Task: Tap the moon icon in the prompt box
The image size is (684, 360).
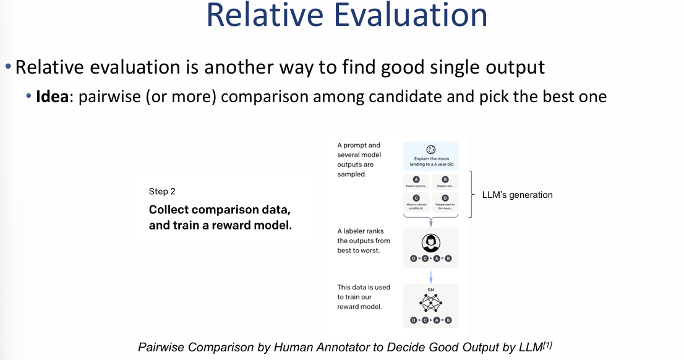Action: point(430,149)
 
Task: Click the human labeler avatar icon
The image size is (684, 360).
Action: point(430,242)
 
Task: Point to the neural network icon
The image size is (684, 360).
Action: point(430,302)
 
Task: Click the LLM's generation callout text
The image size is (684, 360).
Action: point(517,195)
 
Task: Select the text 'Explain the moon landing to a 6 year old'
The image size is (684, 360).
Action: point(430,161)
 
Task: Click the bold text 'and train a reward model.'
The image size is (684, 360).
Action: point(220,225)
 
